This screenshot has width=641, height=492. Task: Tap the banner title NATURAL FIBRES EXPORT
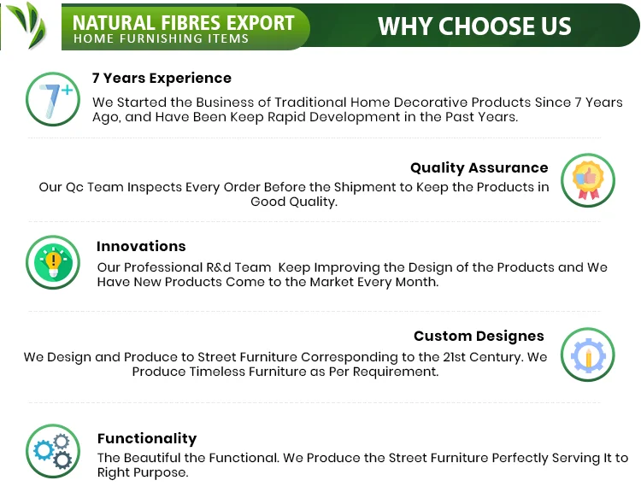[184, 21]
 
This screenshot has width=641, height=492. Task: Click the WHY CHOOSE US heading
[474, 26]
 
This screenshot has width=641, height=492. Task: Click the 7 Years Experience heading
[162, 78]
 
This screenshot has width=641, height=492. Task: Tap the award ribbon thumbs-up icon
[588, 179]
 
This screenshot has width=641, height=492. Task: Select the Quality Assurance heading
[479, 167]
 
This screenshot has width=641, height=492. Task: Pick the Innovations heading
[141, 246]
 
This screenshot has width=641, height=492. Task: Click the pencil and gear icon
[588, 354]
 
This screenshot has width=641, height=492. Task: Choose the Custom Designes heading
[479, 336]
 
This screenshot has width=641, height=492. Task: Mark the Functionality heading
[147, 438]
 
